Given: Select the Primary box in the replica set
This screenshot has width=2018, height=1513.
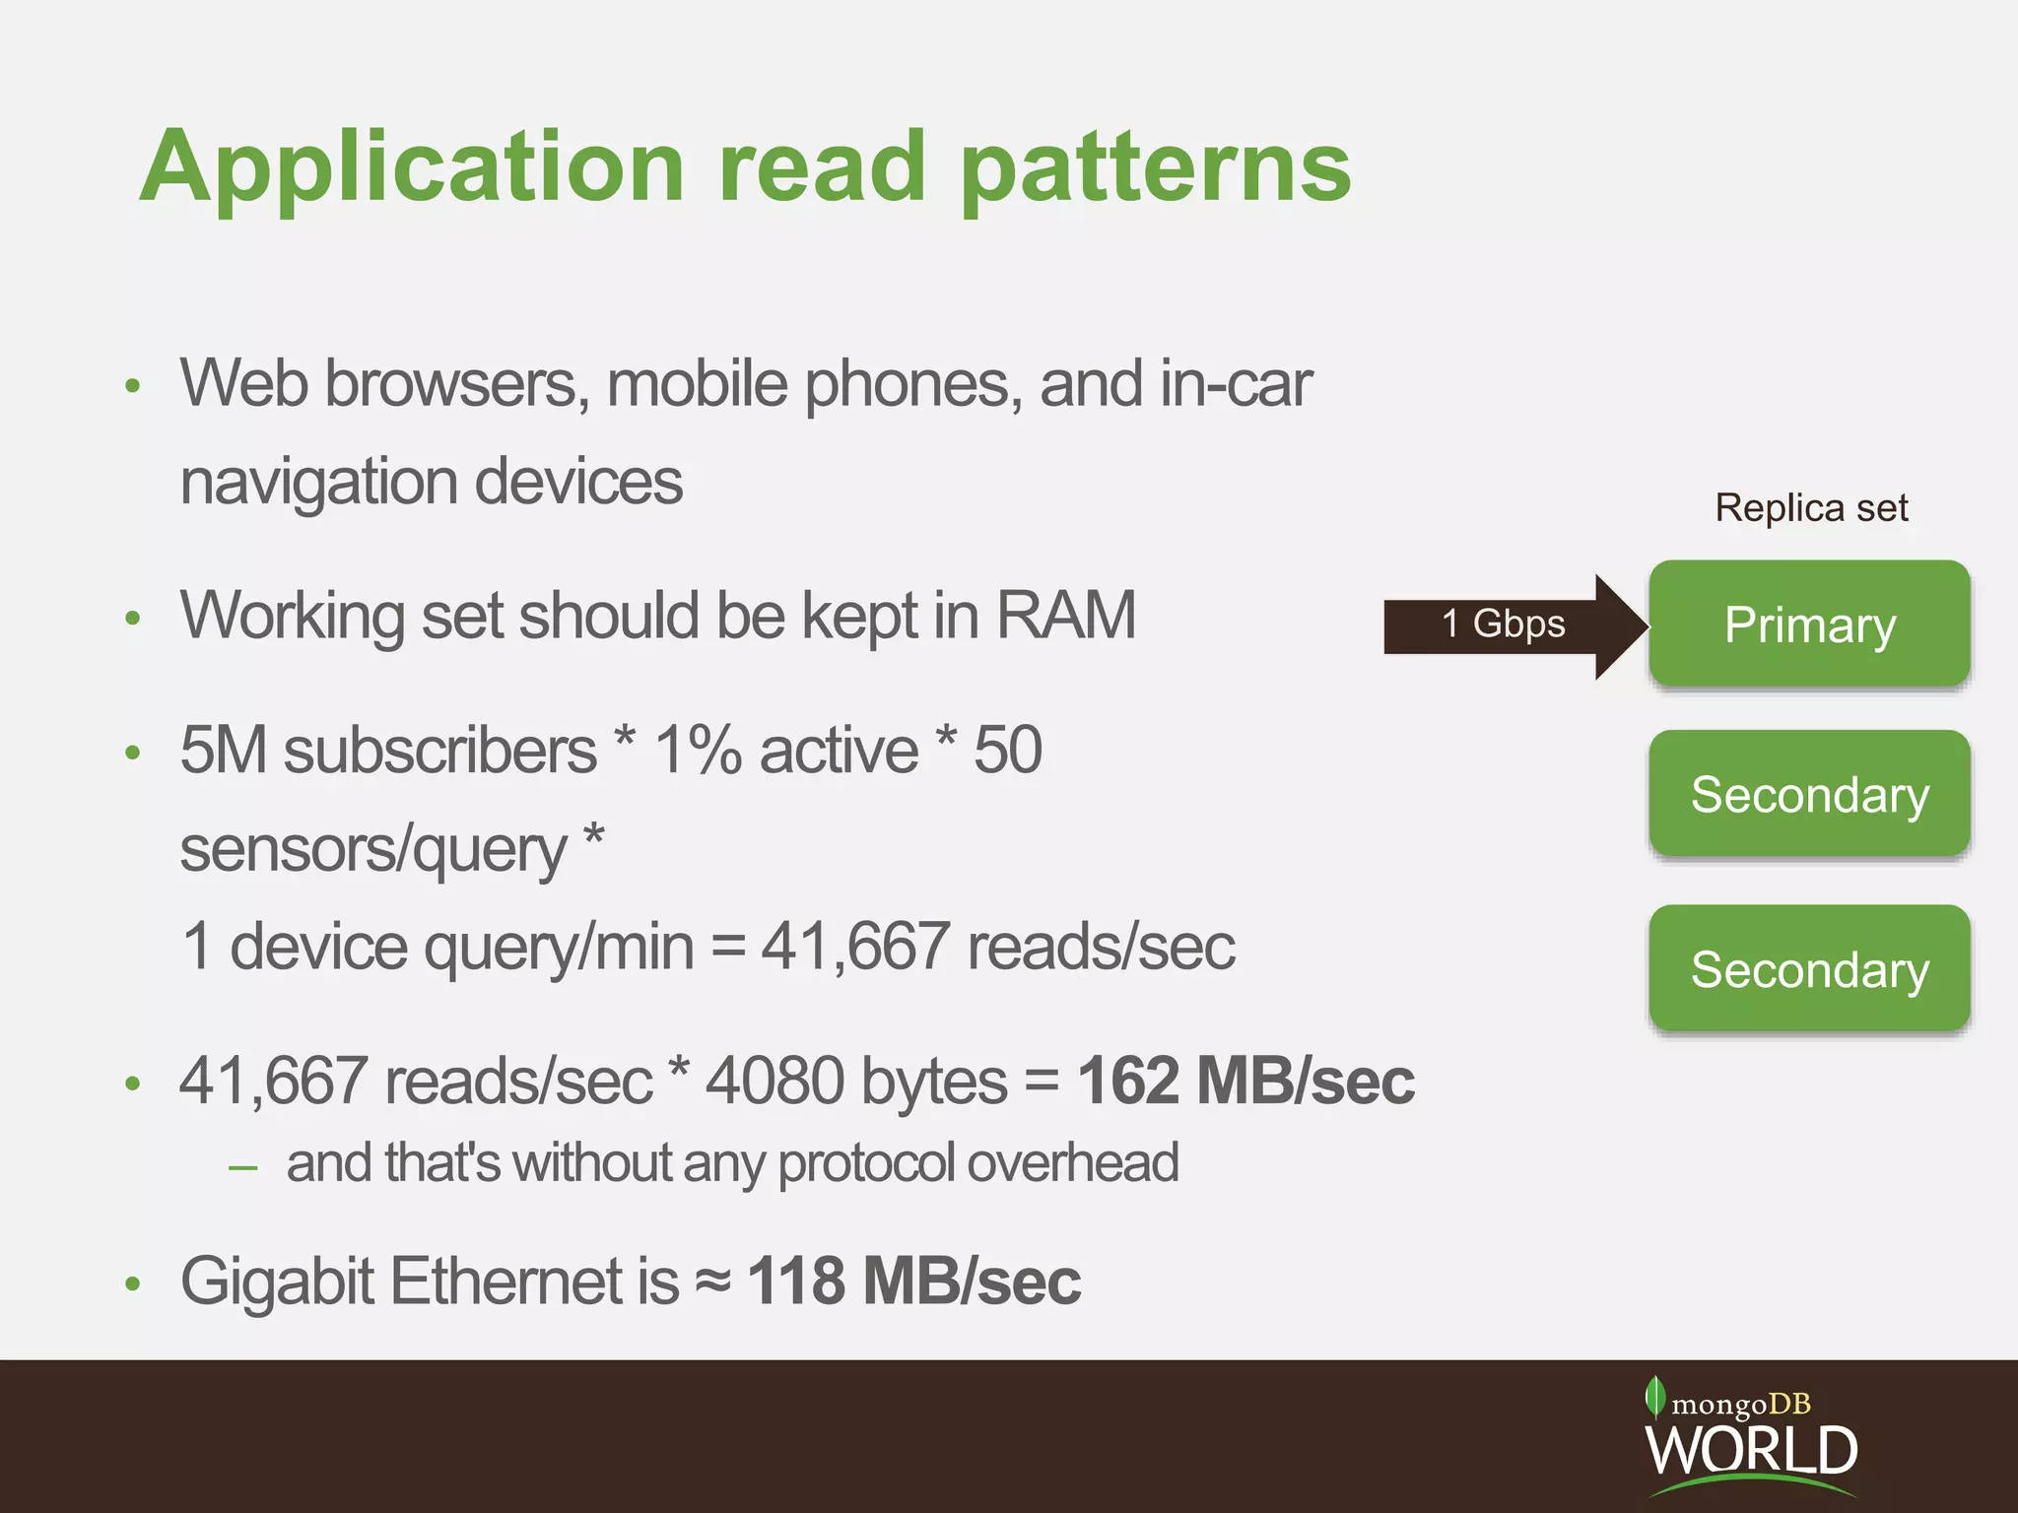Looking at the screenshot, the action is [1809, 625].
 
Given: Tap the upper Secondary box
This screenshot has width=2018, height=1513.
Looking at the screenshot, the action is [1809, 794].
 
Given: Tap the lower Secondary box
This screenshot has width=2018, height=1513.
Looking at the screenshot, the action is [1809, 969].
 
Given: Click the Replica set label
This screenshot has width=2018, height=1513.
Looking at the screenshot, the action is [1811, 508].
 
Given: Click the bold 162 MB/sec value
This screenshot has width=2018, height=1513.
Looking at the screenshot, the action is [1245, 1082].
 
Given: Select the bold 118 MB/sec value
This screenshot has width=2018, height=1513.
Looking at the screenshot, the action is [914, 1282].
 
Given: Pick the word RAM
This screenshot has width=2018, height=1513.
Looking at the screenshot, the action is [1066, 616].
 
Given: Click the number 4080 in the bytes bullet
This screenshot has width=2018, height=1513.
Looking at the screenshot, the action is [774, 1082].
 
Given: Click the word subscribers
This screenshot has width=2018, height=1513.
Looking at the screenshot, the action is [439, 751].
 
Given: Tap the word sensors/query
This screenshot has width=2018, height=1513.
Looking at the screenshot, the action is [374, 849].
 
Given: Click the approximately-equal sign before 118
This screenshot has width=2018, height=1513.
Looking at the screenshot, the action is [713, 1282].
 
